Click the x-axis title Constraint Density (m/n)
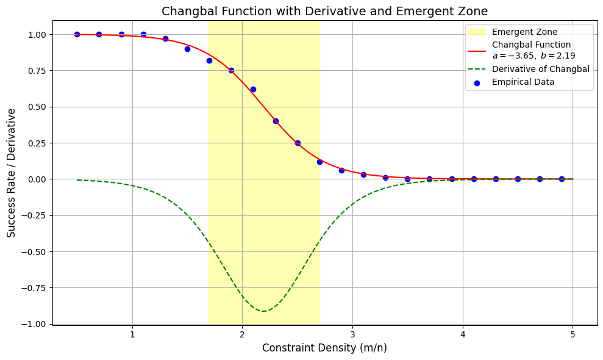pyautogui.click(x=324, y=348)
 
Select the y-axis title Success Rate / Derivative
pyautogui.click(x=12, y=173)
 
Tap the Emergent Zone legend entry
pyautogui.click(x=524, y=32)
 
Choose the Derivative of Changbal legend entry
pyautogui.click(x=540, y=69)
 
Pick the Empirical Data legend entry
pyautogui.click(x=523, y=82)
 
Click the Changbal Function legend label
pyautogui.click(x=531, y=45)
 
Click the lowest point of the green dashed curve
pyautogui.click(x=263, y=311)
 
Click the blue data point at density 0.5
pyautogui.click(x=77, y=34)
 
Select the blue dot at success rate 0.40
pyautogui.click(x=276, y=121)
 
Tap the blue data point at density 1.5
pyautogui.click(x=187, y=49)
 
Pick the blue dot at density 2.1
pyautogui.click(x=253, y=89)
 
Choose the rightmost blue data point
pyautogui.click(x=562, y=179)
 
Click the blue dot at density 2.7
pyautogui.click(x=319, y=162)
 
